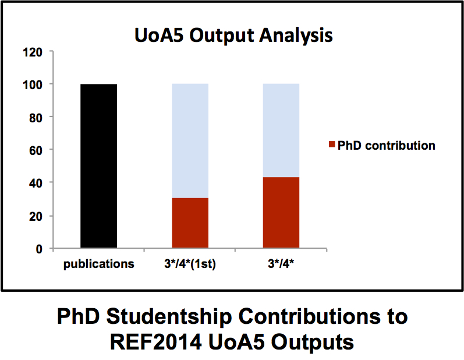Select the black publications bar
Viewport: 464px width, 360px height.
coord(98,166)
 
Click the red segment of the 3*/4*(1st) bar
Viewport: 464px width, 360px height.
coord(190,223)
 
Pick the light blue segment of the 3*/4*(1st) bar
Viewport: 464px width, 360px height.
coord(190,140)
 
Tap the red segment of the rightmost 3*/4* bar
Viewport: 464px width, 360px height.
coord(281,213)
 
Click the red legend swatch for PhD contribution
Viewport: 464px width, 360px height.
coord(331,145)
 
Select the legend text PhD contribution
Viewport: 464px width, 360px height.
coord(386,145)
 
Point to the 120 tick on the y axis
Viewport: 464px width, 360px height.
coord(33,52)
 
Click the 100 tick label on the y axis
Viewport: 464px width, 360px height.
coord(33,84)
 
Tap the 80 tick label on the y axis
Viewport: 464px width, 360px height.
coord(36,117)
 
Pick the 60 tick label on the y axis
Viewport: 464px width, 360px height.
coord(36,150)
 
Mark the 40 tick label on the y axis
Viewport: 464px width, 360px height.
coord(36,183)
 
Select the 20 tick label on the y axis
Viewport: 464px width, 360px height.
coord(36,216)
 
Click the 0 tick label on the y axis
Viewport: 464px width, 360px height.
coord(39,249)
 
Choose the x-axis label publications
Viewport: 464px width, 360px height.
coord(98,264)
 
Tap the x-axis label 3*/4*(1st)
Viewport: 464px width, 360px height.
coord(190,264)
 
